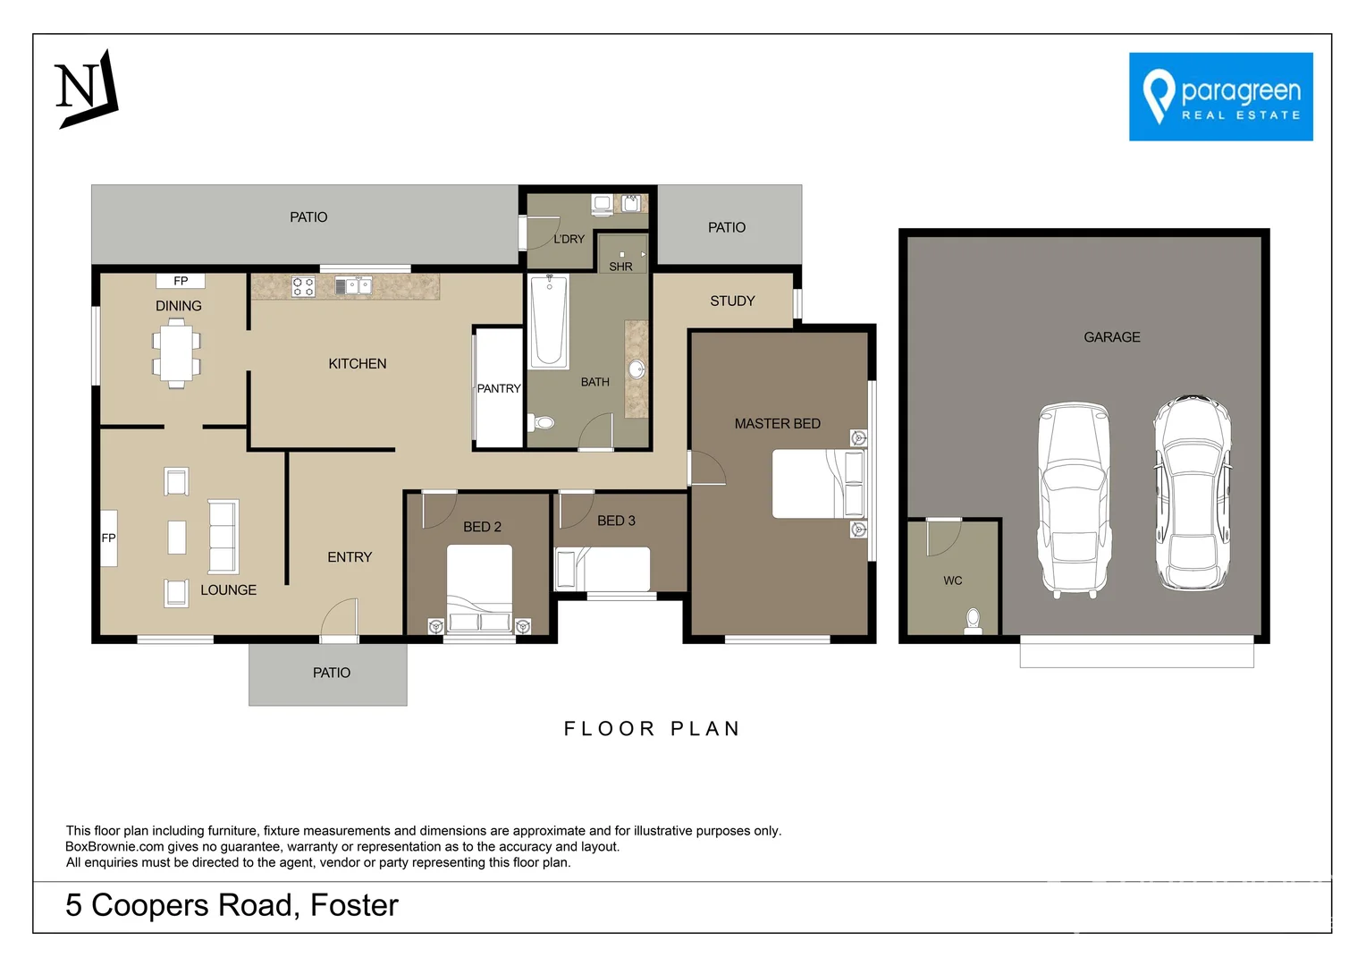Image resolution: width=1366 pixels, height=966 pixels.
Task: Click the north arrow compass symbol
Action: [x=87, y=89]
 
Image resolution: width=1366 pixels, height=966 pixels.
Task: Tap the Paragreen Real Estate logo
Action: [x=1220, y=97]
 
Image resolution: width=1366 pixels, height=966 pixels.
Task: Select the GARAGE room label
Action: [x=1111, y=337]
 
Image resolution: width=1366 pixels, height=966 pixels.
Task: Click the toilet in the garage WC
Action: [x=973, y=620]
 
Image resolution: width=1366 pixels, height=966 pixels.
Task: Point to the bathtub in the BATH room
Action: [x=549, y=322]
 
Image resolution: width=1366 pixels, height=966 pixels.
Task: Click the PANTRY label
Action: [x=498, y=388]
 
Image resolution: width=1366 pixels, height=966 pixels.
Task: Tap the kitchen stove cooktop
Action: [x=303, y=286]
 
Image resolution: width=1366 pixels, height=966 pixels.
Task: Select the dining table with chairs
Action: [x=176, y=355]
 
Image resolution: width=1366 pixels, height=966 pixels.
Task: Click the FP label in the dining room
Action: [x=181, y=281]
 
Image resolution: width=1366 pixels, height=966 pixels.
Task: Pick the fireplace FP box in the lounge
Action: [x=108, y=538]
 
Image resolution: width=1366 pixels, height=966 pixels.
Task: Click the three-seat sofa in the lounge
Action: [x=223, y=537]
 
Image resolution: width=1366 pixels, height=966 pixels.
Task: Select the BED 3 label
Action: [x=616, y=521]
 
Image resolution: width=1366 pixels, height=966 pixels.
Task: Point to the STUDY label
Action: [x=732, y=301]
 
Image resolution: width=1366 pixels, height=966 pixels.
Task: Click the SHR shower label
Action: [x=620, y=267]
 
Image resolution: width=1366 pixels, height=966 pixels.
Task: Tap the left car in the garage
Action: [x=1073, y=499]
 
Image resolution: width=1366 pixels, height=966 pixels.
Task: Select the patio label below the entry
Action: [x=331, y=673]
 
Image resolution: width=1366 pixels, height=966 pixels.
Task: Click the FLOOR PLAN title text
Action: [x=652, y=729]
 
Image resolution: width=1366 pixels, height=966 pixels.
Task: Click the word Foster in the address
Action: [x=354, y=905]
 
